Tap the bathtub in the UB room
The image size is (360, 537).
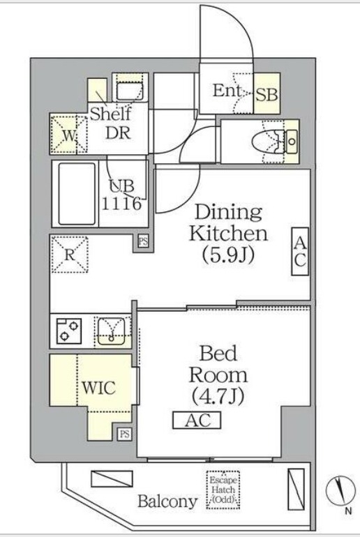click(77, 193)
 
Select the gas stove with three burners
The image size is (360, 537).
click(69, 331)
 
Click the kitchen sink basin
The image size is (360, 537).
click(112, 331)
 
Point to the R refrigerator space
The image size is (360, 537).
click(70, 254)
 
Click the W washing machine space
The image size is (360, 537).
click(69, 135)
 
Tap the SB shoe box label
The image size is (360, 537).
click(267, 94)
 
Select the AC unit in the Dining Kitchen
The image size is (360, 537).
click(300, 252)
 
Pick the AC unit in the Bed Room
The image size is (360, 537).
click(197, 420)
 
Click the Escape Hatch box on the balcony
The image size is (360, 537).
click(223, 490)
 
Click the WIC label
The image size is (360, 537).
click(98, 388)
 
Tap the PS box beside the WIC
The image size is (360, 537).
click(124, 434)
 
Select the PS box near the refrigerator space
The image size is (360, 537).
click(143, 241)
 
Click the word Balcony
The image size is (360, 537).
click(167, 502)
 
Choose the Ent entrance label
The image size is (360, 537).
click(227, 91)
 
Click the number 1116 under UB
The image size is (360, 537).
click(121, 204)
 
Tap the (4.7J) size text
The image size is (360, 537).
click(218, 396)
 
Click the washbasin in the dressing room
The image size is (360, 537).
click(129, 91)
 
